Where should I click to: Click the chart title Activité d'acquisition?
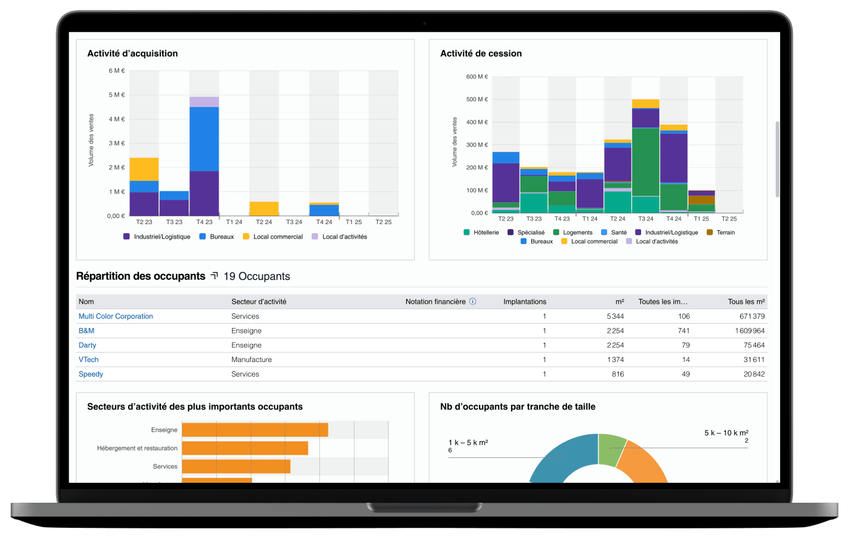click(x=132, y=53)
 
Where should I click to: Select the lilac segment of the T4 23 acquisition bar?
click(x=204, y=101)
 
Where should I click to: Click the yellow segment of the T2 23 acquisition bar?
click(x=144, y=169)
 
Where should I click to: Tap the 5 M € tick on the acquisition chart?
click(x=117, y=95)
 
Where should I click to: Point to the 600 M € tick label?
click(x=477, y=77)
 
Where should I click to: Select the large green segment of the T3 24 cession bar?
click(x=645, y=162)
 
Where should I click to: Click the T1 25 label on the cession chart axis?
click(x=701, y=219)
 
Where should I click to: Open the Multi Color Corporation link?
click(x=116, y=316)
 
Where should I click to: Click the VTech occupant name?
click(x=89, y=360)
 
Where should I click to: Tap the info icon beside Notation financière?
click(x=473, y=301)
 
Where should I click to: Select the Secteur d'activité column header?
click(x=259, y=302)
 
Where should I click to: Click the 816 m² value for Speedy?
click(x=617, y=374)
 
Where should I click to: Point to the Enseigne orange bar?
click(x=255, y=430)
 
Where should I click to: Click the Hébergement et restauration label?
click(x=137, y=448)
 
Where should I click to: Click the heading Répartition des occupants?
click(x=141, y=276)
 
